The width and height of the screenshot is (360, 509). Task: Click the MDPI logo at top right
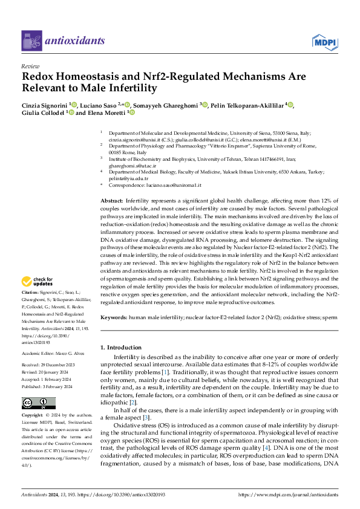(x=324, y=41)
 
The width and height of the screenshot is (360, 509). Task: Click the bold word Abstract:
(x=112, y=199)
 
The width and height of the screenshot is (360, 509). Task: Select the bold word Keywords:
(x=114, y=317)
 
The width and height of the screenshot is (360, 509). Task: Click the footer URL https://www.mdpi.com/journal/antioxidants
(x=290, y=494)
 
